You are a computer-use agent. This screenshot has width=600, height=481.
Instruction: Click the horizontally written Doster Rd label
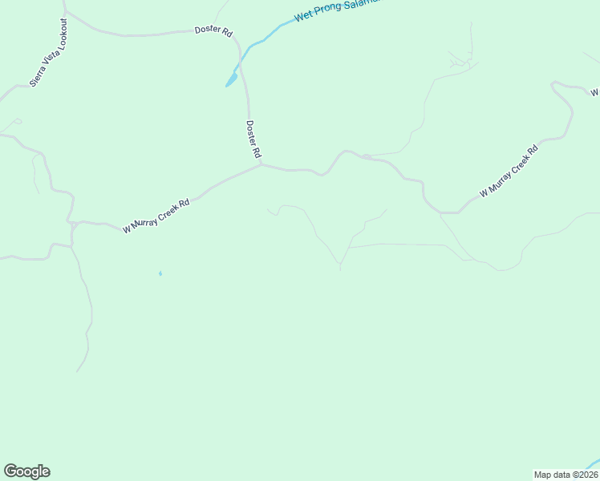[213, 31]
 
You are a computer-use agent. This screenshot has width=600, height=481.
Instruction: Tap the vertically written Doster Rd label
[253, 139]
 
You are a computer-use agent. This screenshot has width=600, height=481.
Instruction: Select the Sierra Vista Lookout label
[48, 52]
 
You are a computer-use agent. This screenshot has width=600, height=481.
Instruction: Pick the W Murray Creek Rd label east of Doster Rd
[509, 171]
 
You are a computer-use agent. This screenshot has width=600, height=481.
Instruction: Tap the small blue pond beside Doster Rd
[231, 79]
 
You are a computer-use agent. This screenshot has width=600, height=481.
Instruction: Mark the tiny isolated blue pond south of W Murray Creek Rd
[160, 273]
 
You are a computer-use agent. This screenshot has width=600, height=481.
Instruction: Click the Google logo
[26, 471]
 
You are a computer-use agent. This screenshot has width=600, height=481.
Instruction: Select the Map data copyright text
[566, 474]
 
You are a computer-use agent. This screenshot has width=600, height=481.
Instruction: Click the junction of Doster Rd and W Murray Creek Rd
[261, 166]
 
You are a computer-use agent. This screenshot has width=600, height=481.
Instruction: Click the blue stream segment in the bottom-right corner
[591, 463]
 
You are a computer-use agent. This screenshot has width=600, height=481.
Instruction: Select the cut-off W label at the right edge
[595, 92]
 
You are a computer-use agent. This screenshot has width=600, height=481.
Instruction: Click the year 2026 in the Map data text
[586, 474]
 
